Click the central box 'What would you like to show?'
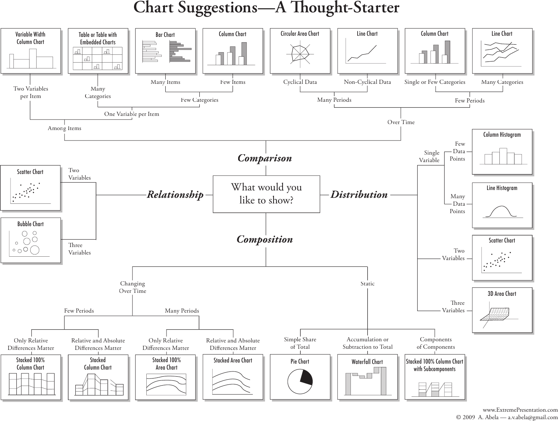coord(266,194)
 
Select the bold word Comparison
coord(265,158)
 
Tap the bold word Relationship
coord(175,194)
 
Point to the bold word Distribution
coord(359,194)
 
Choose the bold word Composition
coord(265,240)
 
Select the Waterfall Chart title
coord(367,362)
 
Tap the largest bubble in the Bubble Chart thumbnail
coord(35,250)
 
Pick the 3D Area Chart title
coord(502,294)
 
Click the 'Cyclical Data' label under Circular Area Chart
coord(300,82)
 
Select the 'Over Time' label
coord(401,122)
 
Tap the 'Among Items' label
coord(64,128)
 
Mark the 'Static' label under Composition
coord(367,284)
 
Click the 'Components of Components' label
coord(436,343)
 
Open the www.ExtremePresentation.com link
coord(520,410)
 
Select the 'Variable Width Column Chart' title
coord(30,38)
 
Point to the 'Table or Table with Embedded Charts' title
coord(98,38)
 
